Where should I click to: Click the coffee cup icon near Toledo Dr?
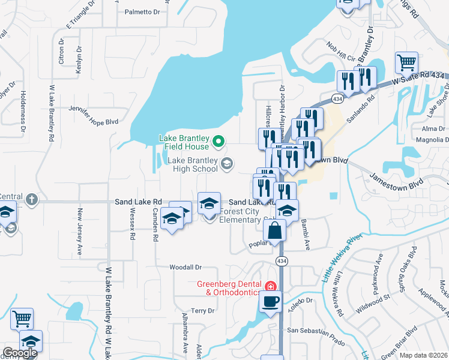(x=270, y=301)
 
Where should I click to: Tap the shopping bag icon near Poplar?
(x=274, y=230)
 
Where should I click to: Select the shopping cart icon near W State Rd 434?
(x=406, y=62)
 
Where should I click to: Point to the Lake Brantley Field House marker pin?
(x=219, y=142)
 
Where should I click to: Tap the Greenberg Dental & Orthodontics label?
(x=229, y=288)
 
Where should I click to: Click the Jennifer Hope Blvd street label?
(x=93, y=122)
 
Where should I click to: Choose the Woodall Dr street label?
(x=185, y=266)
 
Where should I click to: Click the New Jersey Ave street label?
(x=79, y=233)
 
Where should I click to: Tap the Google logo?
(x=19, y=353)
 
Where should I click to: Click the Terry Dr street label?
(x=202, y=311)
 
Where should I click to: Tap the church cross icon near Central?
(x=31, y=199)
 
